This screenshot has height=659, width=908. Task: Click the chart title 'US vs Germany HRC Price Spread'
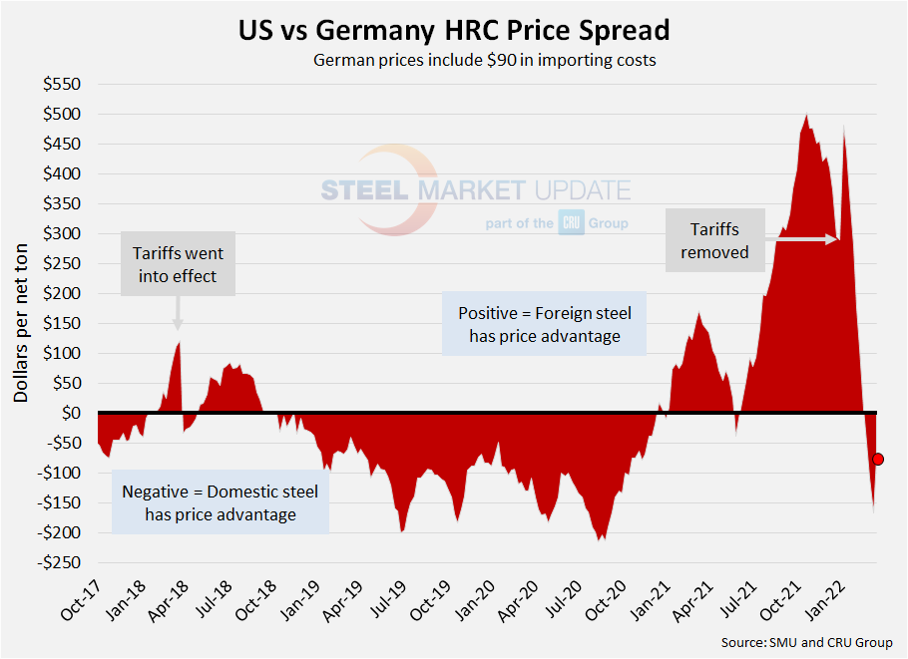pyautogui.click(x=454, y=29)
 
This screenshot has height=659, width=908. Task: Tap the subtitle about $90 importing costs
pyautogui.click(x=485, y=61)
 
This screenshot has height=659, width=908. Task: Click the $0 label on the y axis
pyautogui.click(x=73, y=413)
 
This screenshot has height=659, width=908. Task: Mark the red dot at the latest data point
pyautogui.click(x=878, y=459)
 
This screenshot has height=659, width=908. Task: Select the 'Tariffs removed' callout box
pyautogui.click(x=714, y=240)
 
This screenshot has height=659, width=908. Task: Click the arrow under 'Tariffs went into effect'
pyautogui.click(x=178, y=314)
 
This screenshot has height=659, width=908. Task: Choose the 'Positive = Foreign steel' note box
pyautogui.click(x=545, y=324)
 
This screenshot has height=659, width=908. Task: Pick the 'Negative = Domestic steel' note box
pyautogui.click(x=220, y=502)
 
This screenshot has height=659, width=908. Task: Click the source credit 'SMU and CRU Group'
pyautogui.click(x=807, y=642)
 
